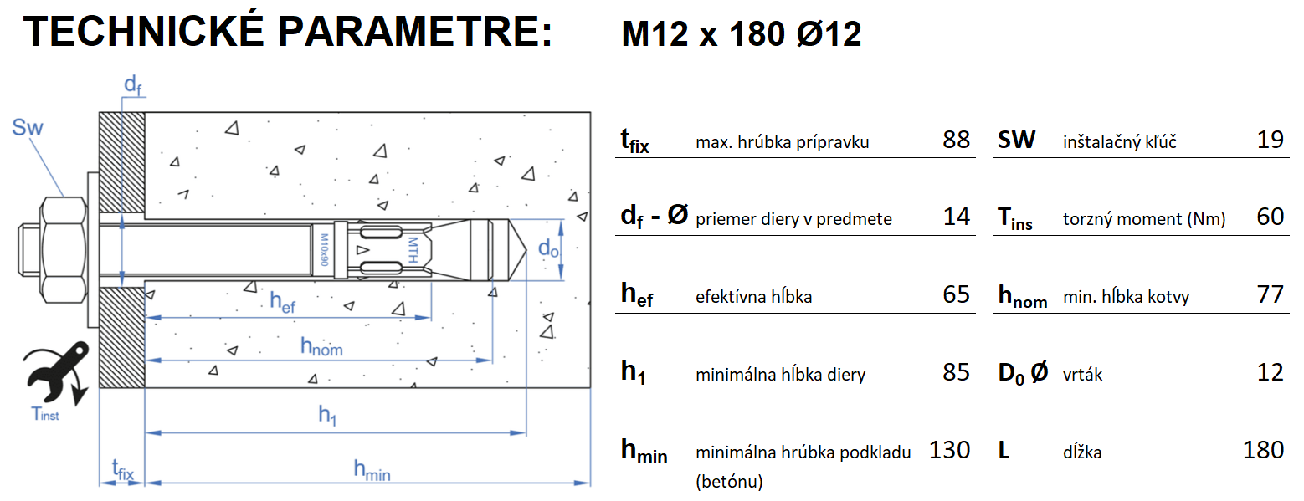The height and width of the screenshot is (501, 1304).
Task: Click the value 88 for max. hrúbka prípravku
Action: click(956, 140)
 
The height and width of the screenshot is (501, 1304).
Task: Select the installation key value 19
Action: click(1270, 140)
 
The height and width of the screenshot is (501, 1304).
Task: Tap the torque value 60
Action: click(1270, 217)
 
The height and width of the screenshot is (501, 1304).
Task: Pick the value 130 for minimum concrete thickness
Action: click(949, 450)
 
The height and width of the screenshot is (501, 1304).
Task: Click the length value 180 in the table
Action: click(1263, 450)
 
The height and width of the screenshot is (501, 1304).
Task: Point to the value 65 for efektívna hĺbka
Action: click(956, 294)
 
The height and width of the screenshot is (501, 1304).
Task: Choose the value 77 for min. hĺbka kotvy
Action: click(1270, 294)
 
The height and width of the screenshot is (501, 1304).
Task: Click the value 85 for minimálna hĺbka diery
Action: click(956, 372)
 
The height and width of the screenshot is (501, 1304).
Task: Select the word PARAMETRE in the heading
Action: click(414, 32)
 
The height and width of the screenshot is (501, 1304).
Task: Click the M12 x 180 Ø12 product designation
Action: click(741, 35)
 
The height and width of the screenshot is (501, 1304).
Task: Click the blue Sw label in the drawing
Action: click(28, 128)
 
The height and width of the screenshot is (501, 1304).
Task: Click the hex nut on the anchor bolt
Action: click(62, 249)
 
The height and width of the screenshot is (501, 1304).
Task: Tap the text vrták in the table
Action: click(1082, 374)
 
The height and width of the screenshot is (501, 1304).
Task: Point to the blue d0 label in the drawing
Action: click(548, 248)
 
